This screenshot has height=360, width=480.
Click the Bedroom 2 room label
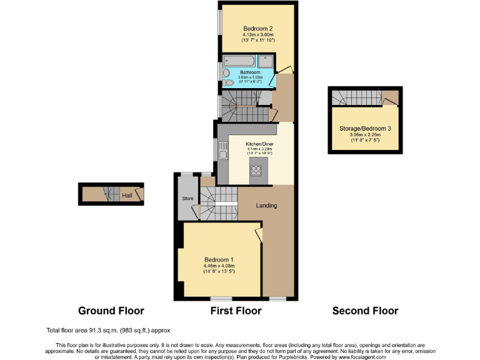(x=257, y=29)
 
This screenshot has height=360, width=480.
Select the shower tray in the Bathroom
(x=265, y=62)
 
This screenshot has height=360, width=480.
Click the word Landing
(x=267, y=206)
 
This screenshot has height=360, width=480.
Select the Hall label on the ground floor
(x=127, y=196)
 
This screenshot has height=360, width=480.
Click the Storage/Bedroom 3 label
(x=365, y=128)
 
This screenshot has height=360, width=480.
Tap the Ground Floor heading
(x=111, y=311)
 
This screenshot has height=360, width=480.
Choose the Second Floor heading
(x=365, y=311)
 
